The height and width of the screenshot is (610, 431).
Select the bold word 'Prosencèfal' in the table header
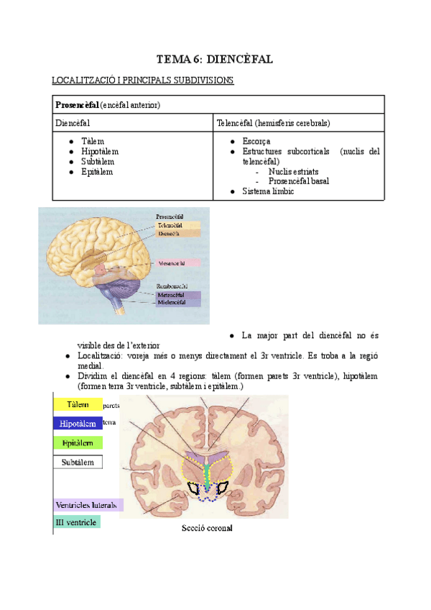click(78, 105)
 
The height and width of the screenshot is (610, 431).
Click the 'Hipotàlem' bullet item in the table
click(100, 152)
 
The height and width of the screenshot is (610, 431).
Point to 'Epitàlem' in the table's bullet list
click(98, 172)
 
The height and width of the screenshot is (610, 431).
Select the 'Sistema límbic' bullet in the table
click(269, 192)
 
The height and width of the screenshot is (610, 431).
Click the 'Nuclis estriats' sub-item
click(294, 172)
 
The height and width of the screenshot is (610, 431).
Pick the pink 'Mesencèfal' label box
click(178, 263)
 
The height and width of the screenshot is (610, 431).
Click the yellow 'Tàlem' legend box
click(78, 405)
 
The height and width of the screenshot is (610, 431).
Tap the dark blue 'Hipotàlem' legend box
click(78, 424)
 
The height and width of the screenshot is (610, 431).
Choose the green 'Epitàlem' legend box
click(78, 442)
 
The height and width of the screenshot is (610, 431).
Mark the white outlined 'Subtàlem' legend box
click(78, 462)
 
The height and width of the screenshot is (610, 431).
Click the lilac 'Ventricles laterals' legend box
click(88, 504)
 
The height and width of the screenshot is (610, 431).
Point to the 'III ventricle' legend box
click(77, 522)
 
